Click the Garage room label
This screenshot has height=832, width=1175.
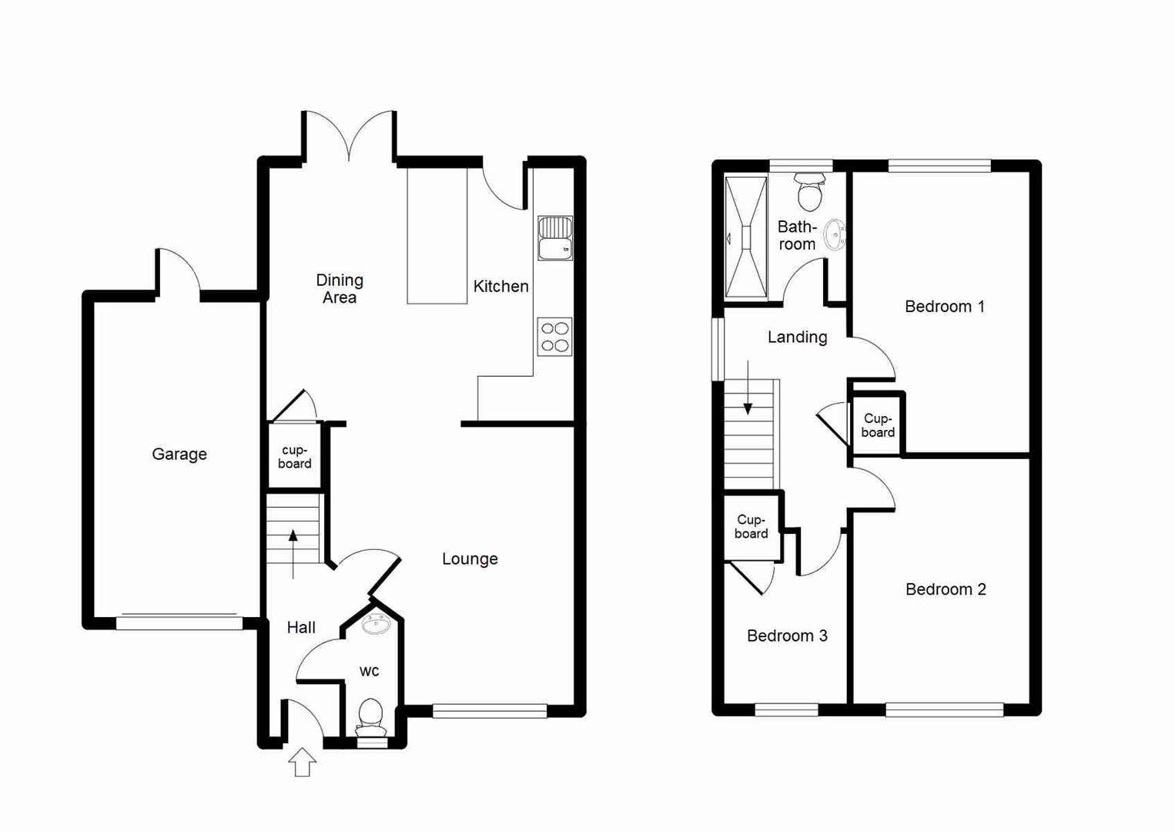(179, 455)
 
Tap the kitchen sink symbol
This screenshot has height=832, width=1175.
(555, 238)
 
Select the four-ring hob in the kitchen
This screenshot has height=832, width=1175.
(555, 337)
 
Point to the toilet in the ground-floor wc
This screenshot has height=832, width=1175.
(371, 716)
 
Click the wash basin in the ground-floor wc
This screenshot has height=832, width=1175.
(376, 623)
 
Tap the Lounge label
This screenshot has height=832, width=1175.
(470, 559)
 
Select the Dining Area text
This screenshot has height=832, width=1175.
(340, 289)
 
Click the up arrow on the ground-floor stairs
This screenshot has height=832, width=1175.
(293, 552)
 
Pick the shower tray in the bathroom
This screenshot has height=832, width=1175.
(746, 237)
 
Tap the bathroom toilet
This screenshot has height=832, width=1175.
(809, 193)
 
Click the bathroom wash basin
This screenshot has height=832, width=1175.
(835, 235)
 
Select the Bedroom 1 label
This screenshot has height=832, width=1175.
(944, 307)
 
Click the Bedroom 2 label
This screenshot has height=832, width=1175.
(945, 589)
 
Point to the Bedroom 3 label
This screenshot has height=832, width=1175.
(787, 636)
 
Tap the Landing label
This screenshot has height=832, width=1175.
(797, 337)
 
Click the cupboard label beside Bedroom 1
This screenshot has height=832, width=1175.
(878, 425)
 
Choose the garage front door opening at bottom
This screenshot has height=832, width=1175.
(179, 622)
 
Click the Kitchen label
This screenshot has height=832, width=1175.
(500, 287)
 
